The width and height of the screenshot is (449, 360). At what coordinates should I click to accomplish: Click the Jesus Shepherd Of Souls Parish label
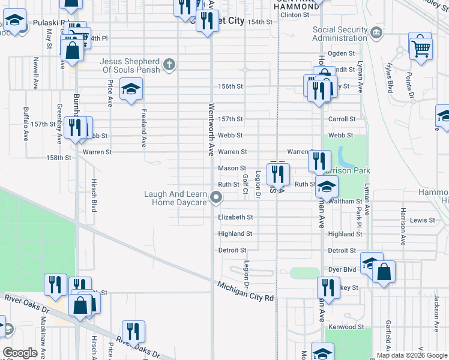pyautogui.click(x=130, y=65)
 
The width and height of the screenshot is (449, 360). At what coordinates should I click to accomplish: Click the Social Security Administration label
pyautogui.click(x=340, y=34)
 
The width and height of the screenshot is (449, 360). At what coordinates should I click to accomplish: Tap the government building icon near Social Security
pyautogui.click(x=376, y=32)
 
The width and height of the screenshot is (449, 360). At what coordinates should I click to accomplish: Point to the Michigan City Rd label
pyautogui.click(x=246, y=293)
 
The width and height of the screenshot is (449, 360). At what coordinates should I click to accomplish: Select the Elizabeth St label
pyautogui.click(x=235, y=217)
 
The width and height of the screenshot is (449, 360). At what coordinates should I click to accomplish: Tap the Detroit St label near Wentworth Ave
pyautogui.click(x=232, y=250)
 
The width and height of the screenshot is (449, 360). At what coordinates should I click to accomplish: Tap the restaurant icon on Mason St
pyautogui.click(x=278, y=174)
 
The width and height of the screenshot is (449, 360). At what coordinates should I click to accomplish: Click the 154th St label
pyautogui.click(x=260, y=22)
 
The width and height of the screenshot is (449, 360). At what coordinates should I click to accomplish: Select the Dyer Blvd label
pyautogui.click(x=342, y=270)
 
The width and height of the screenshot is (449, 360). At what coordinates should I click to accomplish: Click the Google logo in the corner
pyautogui.click(x=20, y=353)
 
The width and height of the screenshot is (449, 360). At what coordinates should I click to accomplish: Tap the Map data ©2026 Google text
pyautogui.click(x=411, y=355)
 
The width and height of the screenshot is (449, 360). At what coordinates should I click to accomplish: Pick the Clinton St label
pyautogui.click(x=295, y=14)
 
